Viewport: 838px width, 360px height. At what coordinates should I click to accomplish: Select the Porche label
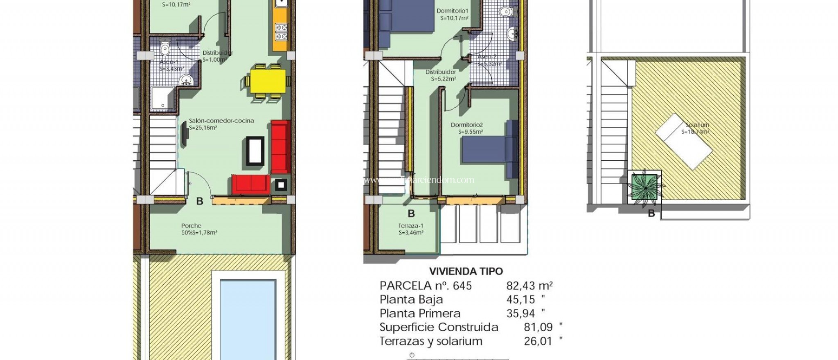[191, 225]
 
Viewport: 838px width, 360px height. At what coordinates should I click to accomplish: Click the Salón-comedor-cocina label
[221, 121]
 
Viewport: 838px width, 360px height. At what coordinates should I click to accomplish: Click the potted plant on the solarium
[644, 187]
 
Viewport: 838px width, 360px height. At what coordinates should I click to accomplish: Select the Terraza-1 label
[411, 226]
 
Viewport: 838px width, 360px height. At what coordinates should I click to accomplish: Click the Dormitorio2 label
[467, 125]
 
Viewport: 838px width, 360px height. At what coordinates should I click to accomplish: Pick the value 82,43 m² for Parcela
[529, 286]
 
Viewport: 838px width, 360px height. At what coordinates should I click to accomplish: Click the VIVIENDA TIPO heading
[466, 271]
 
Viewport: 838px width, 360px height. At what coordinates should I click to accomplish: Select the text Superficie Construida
[439, 327]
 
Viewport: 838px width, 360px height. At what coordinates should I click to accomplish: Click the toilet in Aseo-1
[165, 48]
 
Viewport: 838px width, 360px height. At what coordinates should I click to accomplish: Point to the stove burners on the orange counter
[281, 32]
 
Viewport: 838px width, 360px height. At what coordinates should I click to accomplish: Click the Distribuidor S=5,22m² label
[440, 75]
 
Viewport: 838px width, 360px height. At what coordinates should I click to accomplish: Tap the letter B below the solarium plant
[651, 214]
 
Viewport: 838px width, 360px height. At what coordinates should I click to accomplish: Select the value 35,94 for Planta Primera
[520, 313]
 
